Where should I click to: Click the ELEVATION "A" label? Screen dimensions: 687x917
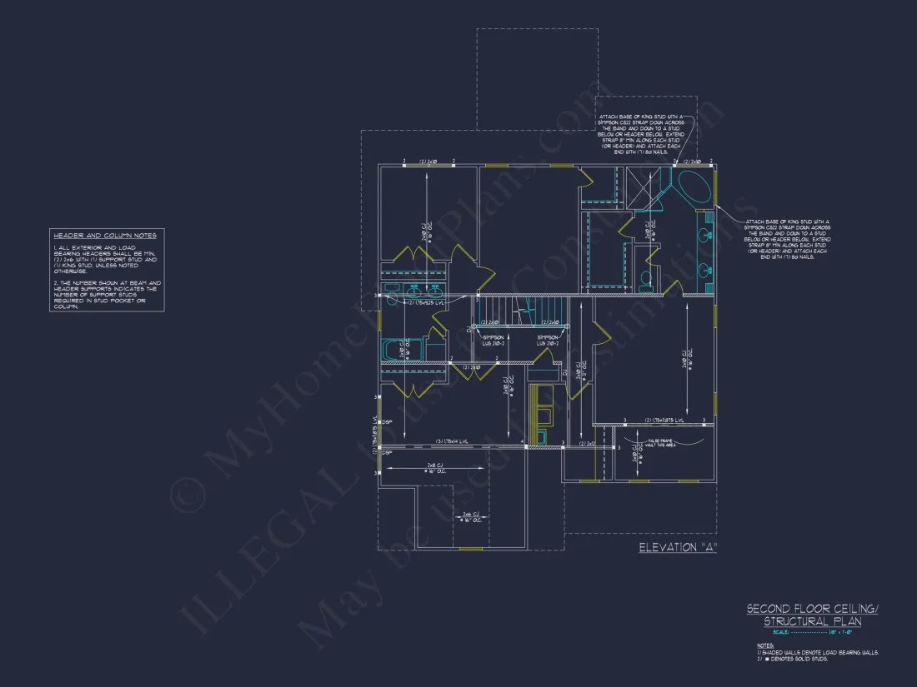pyautogui.click(x=678, y=547)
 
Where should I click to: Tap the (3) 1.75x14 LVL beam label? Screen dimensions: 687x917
pyautogui.click(x=452, y=441)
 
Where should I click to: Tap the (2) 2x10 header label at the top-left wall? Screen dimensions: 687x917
pyautogui.click(x=428, y=161)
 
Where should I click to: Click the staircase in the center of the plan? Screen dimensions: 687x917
pyautogui.click(x=524, y=312)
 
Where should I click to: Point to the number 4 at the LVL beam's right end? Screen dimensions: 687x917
pyautogui.click(x=522, y=442)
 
